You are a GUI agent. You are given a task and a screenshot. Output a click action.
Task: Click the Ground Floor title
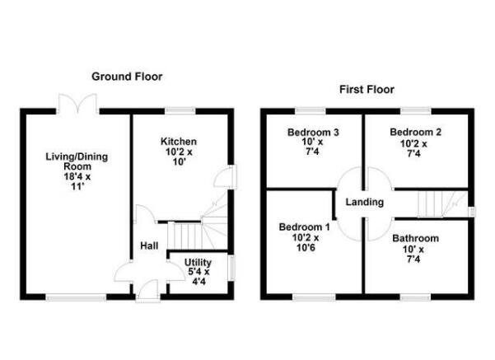[x=127, y=77]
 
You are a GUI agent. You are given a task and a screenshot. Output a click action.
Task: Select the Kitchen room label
[x=178, y=142]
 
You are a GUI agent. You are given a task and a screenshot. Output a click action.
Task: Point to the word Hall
[x=148, y=245]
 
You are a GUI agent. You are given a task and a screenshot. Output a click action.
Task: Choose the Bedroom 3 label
[x=314, y=133]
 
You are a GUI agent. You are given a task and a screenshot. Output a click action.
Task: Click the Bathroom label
[x=415, y=239]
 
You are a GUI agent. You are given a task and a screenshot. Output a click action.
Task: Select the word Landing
[x=364, y=202]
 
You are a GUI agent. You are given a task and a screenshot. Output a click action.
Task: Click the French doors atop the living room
[x=79, y=106]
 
